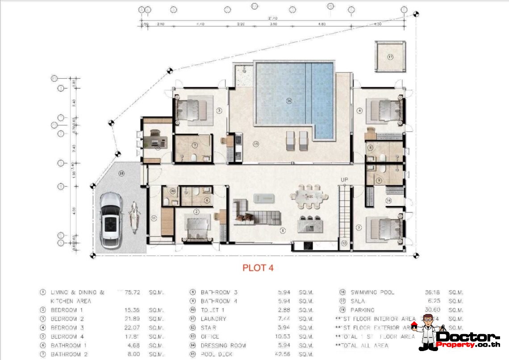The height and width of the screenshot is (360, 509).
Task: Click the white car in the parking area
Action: pyautogui.click(x=110, y=221)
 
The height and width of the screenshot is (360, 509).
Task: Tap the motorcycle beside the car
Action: pyautogui.click(x=133, y=218)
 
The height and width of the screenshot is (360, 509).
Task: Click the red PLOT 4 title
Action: pyautogui.click(x=258, y=268)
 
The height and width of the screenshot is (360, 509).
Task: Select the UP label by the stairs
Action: pyautogui.click(x=344, y=180)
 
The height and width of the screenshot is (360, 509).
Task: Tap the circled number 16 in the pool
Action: pyautogui.click(x=289, y=101)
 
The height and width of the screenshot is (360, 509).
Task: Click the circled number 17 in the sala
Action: pyautogui.click(x=390, y=57)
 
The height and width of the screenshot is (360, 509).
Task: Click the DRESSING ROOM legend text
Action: pyautogui.click(x=223, y=345)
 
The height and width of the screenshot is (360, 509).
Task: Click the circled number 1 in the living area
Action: pyautogui.click(x=282, y=231)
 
